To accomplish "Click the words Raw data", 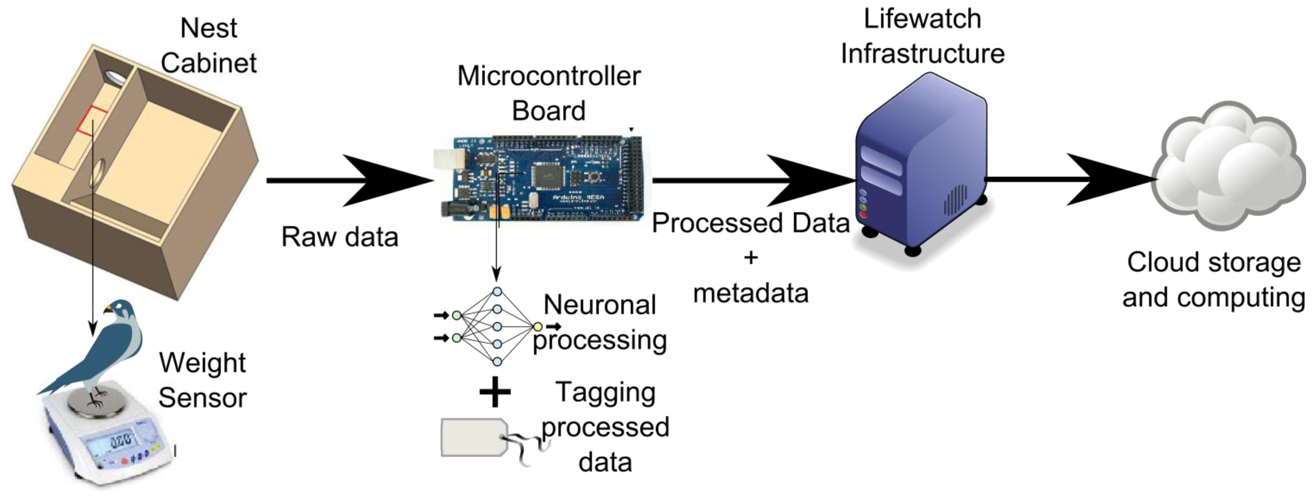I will click(x=339, y=237).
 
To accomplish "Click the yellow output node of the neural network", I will click(x=537, y=327).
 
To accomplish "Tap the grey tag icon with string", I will click(x=474, y=437).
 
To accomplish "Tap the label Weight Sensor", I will click(x=202, y=380).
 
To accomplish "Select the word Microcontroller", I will click(x=548, y=76).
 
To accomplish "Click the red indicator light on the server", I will click(x=863, y=215).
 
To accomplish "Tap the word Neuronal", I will click(x=599, y=305).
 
